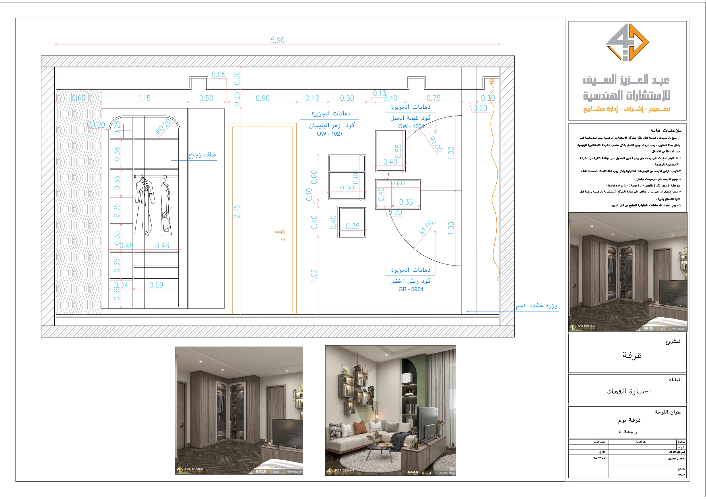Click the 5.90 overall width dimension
click(277, 40)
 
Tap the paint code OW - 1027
click(330, 134)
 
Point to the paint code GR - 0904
click(410, 289)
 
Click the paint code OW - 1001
click(411, 126)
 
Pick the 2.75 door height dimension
click(236, 211)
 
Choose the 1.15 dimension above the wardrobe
click(144, 98)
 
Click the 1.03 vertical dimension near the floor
click(314, 276)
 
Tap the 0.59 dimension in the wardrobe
click(156, 285)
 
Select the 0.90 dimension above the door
click(263, 98)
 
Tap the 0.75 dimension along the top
click(433, 98)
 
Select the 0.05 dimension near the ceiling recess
click(219, 75)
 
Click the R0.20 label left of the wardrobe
click(96, 125)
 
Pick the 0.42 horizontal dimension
click(312, 98)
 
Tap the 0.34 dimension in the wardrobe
click(121, 285)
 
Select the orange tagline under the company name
click(627, 109)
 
